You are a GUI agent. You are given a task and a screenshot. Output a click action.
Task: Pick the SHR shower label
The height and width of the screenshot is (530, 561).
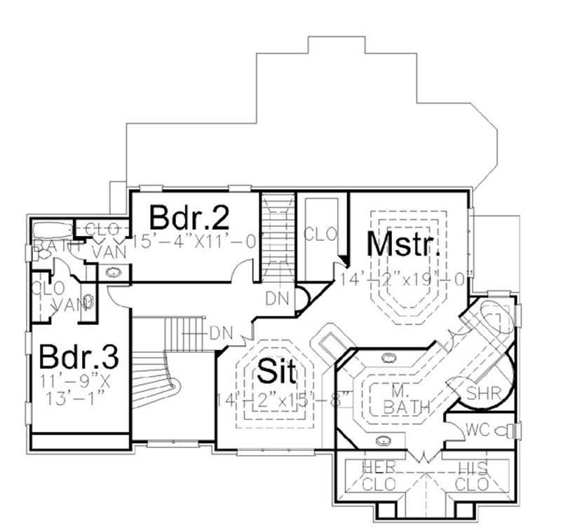click(484, 393)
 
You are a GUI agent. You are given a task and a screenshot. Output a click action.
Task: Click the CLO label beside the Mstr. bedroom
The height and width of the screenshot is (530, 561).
click(320, 233)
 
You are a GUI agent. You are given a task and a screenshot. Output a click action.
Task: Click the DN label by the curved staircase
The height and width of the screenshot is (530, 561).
click(222, 331)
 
